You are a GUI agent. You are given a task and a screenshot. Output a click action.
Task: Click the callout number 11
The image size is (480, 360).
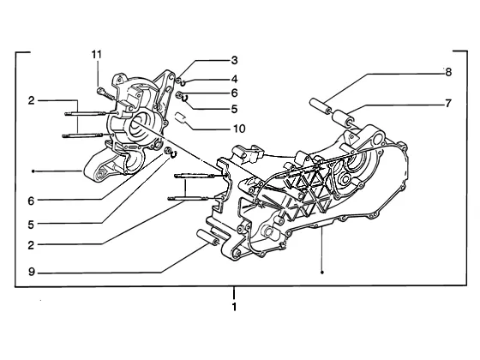point(96,55)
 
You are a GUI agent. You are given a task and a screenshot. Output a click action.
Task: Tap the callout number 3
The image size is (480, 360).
point(234,60)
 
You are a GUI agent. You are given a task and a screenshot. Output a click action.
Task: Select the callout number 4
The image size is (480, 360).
point(234,79)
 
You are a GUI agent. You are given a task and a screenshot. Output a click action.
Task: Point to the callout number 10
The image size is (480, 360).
point(239,129)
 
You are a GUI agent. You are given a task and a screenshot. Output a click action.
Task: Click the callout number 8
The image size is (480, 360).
point(448,72)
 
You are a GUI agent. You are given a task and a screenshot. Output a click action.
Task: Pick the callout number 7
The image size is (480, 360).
point(448,104)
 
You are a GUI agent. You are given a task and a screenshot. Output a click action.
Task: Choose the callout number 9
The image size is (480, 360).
point(32,272)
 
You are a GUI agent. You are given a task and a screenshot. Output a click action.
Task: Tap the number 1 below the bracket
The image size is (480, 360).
point(234,307)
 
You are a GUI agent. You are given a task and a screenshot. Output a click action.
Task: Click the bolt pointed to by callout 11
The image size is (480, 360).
point(105,93)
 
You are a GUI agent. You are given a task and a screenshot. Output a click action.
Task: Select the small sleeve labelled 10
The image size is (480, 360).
point(181,118)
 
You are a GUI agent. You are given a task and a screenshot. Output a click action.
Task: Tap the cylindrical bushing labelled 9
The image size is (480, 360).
point(207,238)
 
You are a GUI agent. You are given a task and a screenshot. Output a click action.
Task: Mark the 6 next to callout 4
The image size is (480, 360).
point(234,93)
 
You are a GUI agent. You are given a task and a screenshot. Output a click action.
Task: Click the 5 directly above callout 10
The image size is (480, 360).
point(234,109)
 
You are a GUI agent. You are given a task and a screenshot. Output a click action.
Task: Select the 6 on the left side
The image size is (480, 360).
point(31,201)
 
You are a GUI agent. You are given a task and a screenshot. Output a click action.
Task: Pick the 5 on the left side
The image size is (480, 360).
point(31,225)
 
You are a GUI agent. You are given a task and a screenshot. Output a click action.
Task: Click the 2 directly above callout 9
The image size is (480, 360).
point(31,245)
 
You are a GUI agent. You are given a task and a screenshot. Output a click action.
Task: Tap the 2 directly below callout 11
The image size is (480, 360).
point(31,100)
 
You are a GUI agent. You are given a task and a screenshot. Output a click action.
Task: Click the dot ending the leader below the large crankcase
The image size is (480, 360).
point(321,273)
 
